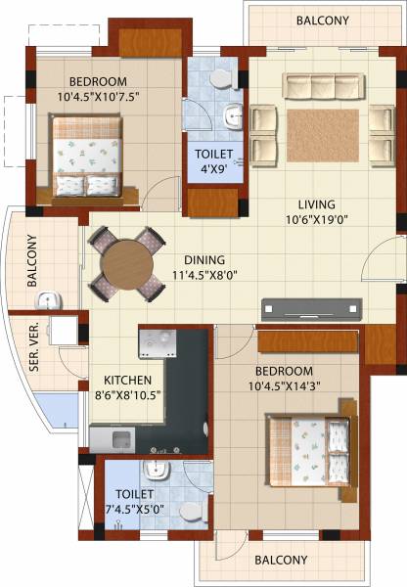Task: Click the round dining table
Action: click(x=126, y=263)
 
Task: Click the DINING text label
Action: click(x=204, y=260)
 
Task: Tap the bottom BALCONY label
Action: click(x=281, y=561)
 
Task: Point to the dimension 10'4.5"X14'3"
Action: click(x=285, y=388)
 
